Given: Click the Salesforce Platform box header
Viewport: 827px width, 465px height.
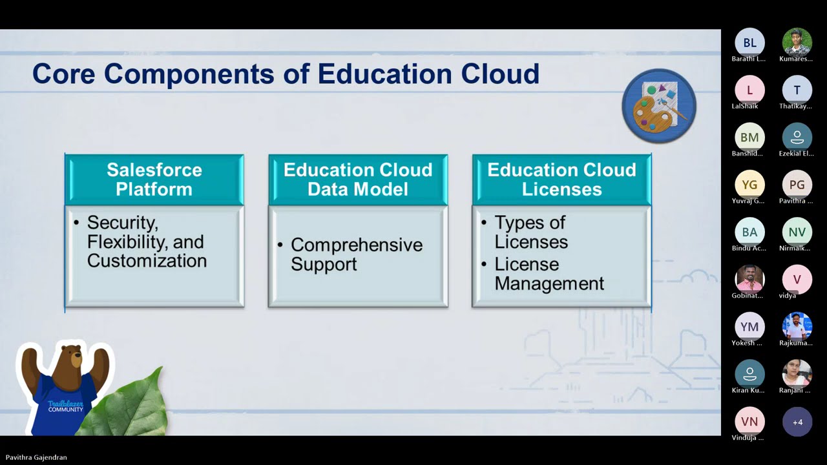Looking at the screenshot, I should click(154, 180).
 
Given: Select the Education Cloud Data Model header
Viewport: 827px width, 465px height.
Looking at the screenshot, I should click(358, 180).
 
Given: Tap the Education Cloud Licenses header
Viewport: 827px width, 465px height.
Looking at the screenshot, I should click(561, 180).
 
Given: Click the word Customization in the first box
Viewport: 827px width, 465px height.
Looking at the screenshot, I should click(147, 261).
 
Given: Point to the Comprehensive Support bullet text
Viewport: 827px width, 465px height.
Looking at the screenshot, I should click(356, 254).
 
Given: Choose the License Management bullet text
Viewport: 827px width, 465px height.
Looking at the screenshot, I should click(549, 274).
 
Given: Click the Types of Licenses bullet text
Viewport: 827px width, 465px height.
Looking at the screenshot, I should click(530, 232).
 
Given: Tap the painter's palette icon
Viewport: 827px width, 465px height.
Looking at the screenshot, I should click(658, 106).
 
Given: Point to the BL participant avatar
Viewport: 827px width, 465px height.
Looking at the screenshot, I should click(749, 43).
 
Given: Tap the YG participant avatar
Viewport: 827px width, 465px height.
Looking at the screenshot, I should click(749, 185).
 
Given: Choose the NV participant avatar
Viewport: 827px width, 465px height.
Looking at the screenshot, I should click(797, 232).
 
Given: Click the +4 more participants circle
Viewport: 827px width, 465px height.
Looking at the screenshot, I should click(797, 422).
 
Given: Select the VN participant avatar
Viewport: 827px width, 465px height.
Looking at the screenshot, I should click(749, 422).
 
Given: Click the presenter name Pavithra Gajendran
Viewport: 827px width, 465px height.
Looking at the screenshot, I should click(36, 457).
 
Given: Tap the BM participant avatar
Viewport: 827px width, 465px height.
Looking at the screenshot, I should click(749, 138).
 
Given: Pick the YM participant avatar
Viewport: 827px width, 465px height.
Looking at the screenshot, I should click(749, 327).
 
